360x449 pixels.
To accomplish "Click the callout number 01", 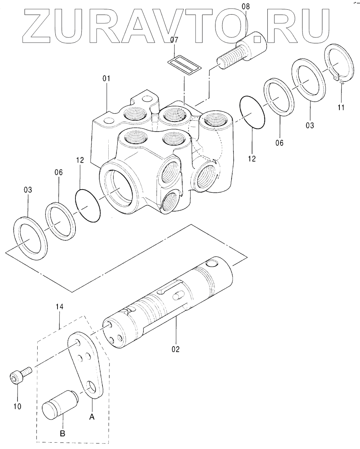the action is click(x=106, y=79).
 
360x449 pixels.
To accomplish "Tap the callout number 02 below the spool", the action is click(x=176, y=349).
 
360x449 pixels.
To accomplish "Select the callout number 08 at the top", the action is click(x=246, y=6).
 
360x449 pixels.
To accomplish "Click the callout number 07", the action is click(x=174, y=40).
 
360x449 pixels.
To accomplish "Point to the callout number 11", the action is click(x=341, y=107).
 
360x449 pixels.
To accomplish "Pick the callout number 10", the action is click(x=18, y=406).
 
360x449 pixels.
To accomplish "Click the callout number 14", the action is click(x=59, y=307).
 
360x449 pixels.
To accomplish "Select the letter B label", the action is click(x=62, y=433).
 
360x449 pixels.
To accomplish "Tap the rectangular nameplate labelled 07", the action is click(x=184, y=65).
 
